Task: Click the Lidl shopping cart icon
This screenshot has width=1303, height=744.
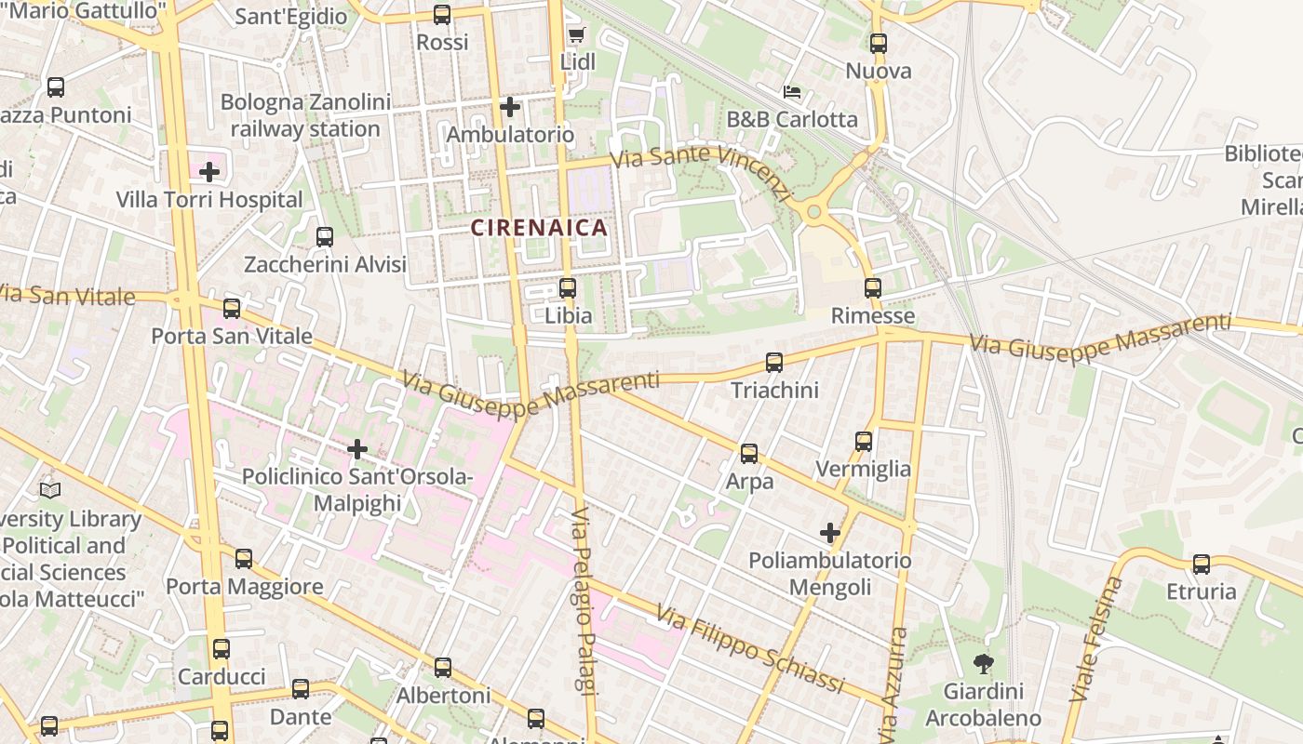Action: pyautogui.click(x=576, y=35)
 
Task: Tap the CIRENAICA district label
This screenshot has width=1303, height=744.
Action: pyautogui.click(x=539, y=227)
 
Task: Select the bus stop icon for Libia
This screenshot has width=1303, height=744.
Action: pyautogui.click(x=568, y=288)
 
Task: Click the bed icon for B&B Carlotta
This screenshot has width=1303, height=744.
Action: pyautogui.click(x=792, y=92)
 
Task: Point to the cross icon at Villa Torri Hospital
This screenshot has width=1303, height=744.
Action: pyautogui.click(x=209, y=172)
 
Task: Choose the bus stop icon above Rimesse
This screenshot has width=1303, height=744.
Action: pyautogui.click(x=872, y=288)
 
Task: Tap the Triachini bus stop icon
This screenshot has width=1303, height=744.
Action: pyautogui.click(x=774, y=363)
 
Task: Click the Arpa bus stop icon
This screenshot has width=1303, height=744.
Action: pyautogui.click(x=749, y=454)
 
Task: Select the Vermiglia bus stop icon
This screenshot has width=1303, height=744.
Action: pyautogui.click(x=864, y=442)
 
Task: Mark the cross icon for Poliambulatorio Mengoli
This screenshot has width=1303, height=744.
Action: pyautogui.click(x=830, y=533)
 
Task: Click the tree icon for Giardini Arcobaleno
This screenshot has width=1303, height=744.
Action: pyautogui.click(x=982, y=664)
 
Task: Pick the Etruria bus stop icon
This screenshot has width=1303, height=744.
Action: pyautogui.click(x=1202, y=565)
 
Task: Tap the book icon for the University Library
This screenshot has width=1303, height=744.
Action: pyautogui.click(x=50, y=490)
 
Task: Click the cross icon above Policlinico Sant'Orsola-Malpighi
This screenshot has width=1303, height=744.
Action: pyautogui.click(x=356, y=450)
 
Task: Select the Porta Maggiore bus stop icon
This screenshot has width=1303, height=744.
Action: pyautogui.click(x=244, y=559)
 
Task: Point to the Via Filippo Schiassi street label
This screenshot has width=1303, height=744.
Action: pyautogui.click(x=750, y=649)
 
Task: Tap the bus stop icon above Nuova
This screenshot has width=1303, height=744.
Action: pyautogui.click(x=878, y=43)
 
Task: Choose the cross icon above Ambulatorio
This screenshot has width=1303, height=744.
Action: pyautogui.click(x=509, y=107)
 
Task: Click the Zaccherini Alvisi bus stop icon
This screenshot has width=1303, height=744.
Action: pyautogui.click(x=325, y=237)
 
